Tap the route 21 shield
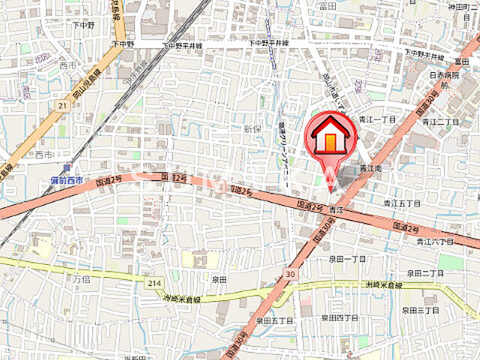pos(62,106)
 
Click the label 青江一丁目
pos(377,120)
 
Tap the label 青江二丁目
pos(440,121)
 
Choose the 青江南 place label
pos(370,169)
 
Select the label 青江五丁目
pos(402,202)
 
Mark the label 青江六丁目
pos(436,241)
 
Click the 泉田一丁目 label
pos(347,259)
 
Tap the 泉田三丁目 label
pos(420,310)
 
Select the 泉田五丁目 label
pos(274,320)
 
